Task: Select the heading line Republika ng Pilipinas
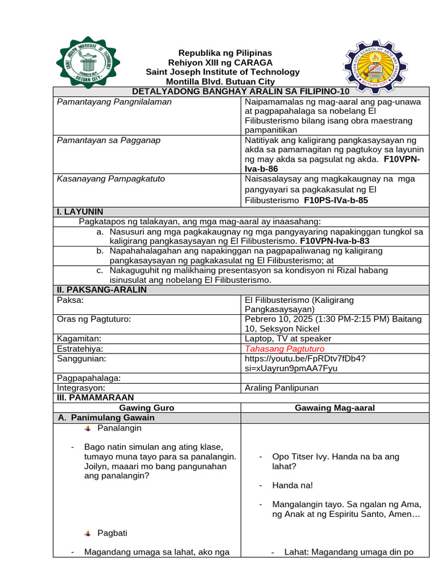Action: tap(218, 52)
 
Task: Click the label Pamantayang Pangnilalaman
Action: tap(114, 101)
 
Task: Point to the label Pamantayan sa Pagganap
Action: tap(109, 140)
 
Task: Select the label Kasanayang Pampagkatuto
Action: tap(111, 179)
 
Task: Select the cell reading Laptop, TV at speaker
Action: tap(287, 339)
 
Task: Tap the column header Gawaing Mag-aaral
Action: tap(335, 408)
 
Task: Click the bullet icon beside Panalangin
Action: tap(87, 428)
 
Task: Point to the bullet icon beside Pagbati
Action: tap(87, 533)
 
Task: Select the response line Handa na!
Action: tap(292, 486)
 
